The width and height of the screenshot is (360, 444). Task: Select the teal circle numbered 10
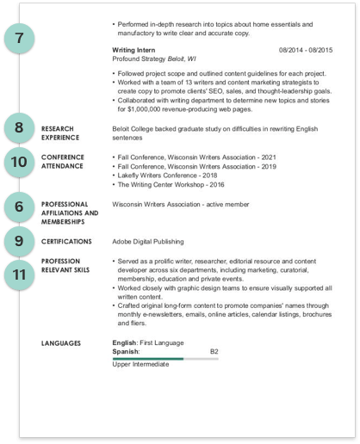19,161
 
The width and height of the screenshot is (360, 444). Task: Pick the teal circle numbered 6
19,207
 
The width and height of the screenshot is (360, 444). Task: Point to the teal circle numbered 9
19,242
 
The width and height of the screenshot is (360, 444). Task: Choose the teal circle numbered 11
19,274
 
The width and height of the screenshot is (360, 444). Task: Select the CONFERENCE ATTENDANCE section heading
65,161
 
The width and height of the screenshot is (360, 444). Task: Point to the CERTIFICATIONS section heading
70,242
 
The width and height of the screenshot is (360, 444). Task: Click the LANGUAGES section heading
61,342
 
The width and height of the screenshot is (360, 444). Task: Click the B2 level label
214,351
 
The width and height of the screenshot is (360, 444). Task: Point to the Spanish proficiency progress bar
164,358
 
